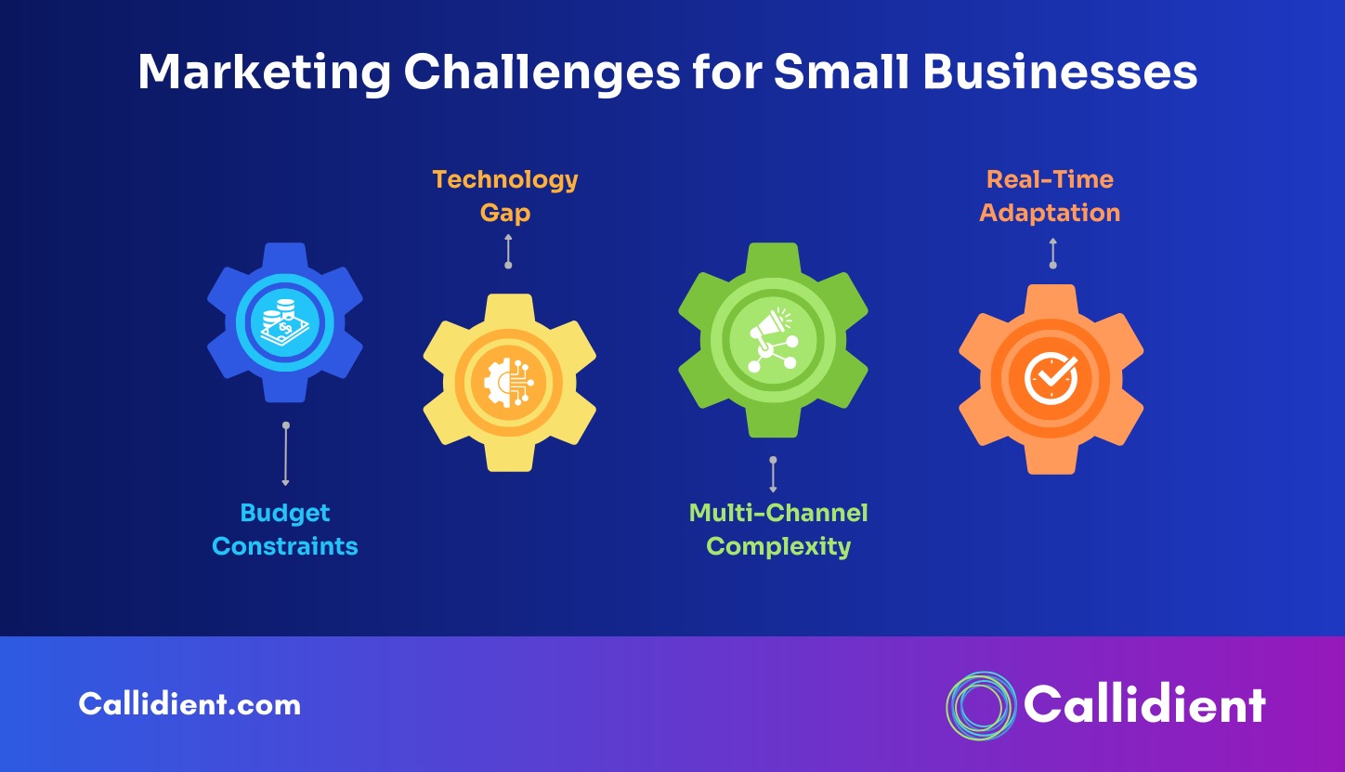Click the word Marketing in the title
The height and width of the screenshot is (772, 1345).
[x=265, y=72]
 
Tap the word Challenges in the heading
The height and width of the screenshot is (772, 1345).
[x=542, y=72]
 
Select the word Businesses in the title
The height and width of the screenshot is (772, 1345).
[x=1060, y=72]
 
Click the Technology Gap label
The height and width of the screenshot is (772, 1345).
[x=505, y=196]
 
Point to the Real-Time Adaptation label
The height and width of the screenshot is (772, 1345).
[x=1050, y=196]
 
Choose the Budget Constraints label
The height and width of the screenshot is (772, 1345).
[x=284, y=530]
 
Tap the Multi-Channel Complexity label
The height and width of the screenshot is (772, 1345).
[x=778, y=530]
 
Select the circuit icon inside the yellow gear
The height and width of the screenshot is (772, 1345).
[x=509, y=383]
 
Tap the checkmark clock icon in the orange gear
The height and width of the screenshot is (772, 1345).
[x=1051, y=378]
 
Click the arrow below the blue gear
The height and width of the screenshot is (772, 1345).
[x=286, y=454]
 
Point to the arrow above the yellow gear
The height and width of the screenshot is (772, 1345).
[x=508, y=252]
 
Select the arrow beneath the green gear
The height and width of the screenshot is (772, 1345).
[x=773, y=474]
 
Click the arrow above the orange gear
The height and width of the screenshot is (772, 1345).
[x=1052, y=254]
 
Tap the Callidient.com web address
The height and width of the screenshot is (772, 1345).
[x=189, y=703]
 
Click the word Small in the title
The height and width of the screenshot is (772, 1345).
[x=842, y=72]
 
